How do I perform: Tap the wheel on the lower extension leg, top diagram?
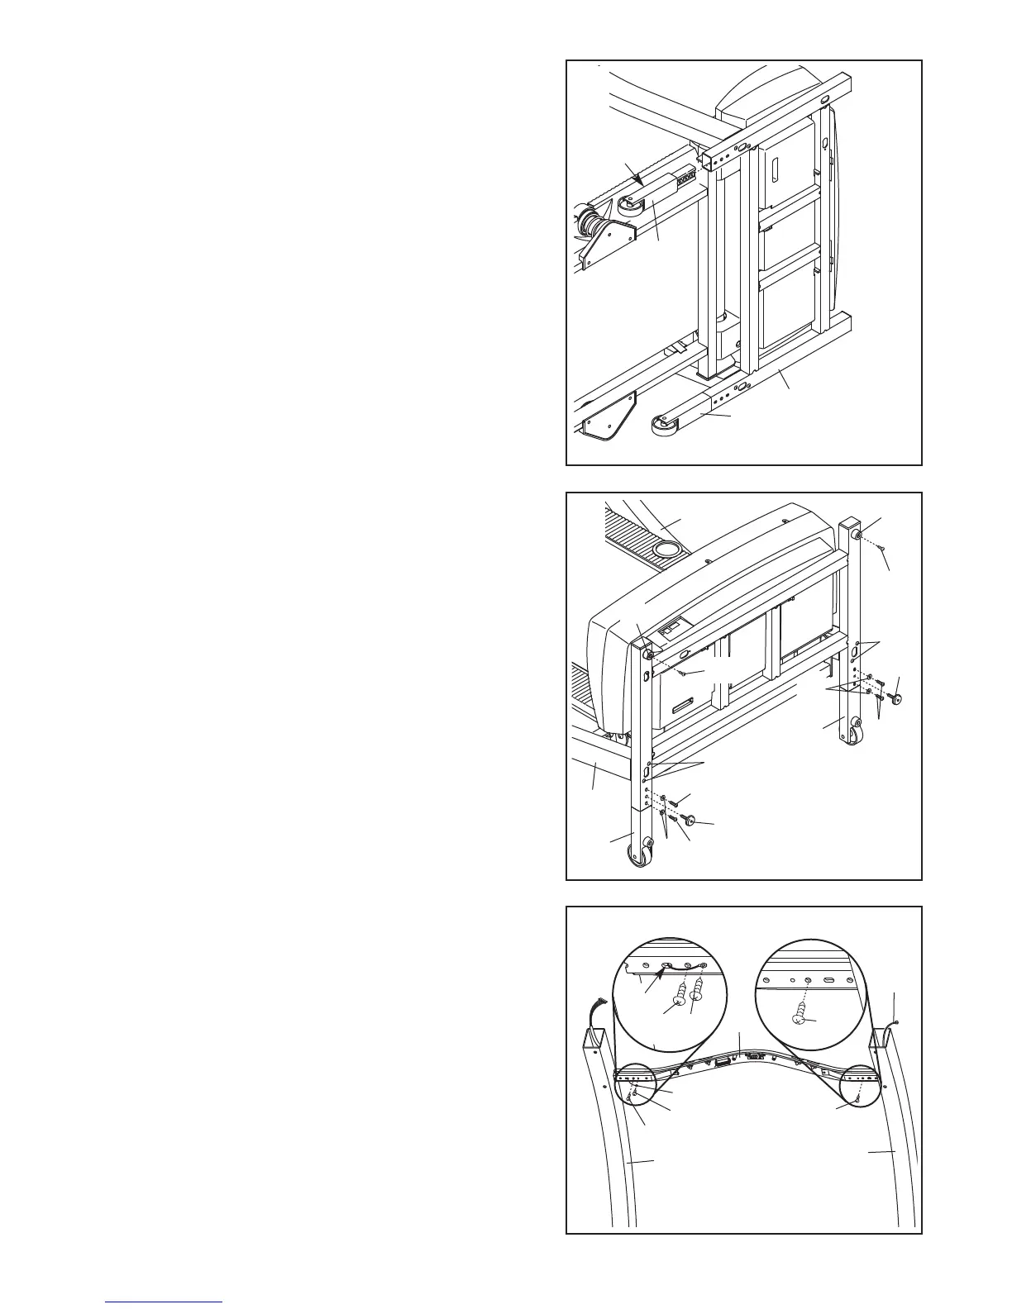661,427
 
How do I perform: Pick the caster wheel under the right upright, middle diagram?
853,735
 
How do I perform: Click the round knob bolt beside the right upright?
896,700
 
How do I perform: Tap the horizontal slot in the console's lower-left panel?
683,707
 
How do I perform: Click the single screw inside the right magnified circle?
800,1016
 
